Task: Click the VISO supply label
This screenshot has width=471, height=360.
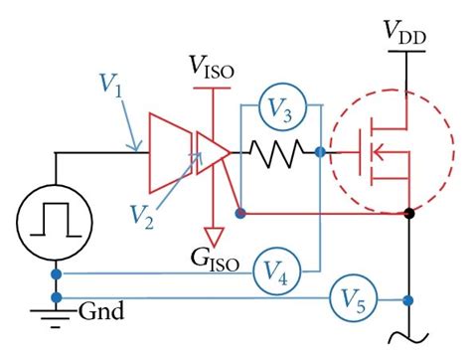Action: point(212,69)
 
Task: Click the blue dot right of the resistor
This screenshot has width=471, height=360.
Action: point(319,153)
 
